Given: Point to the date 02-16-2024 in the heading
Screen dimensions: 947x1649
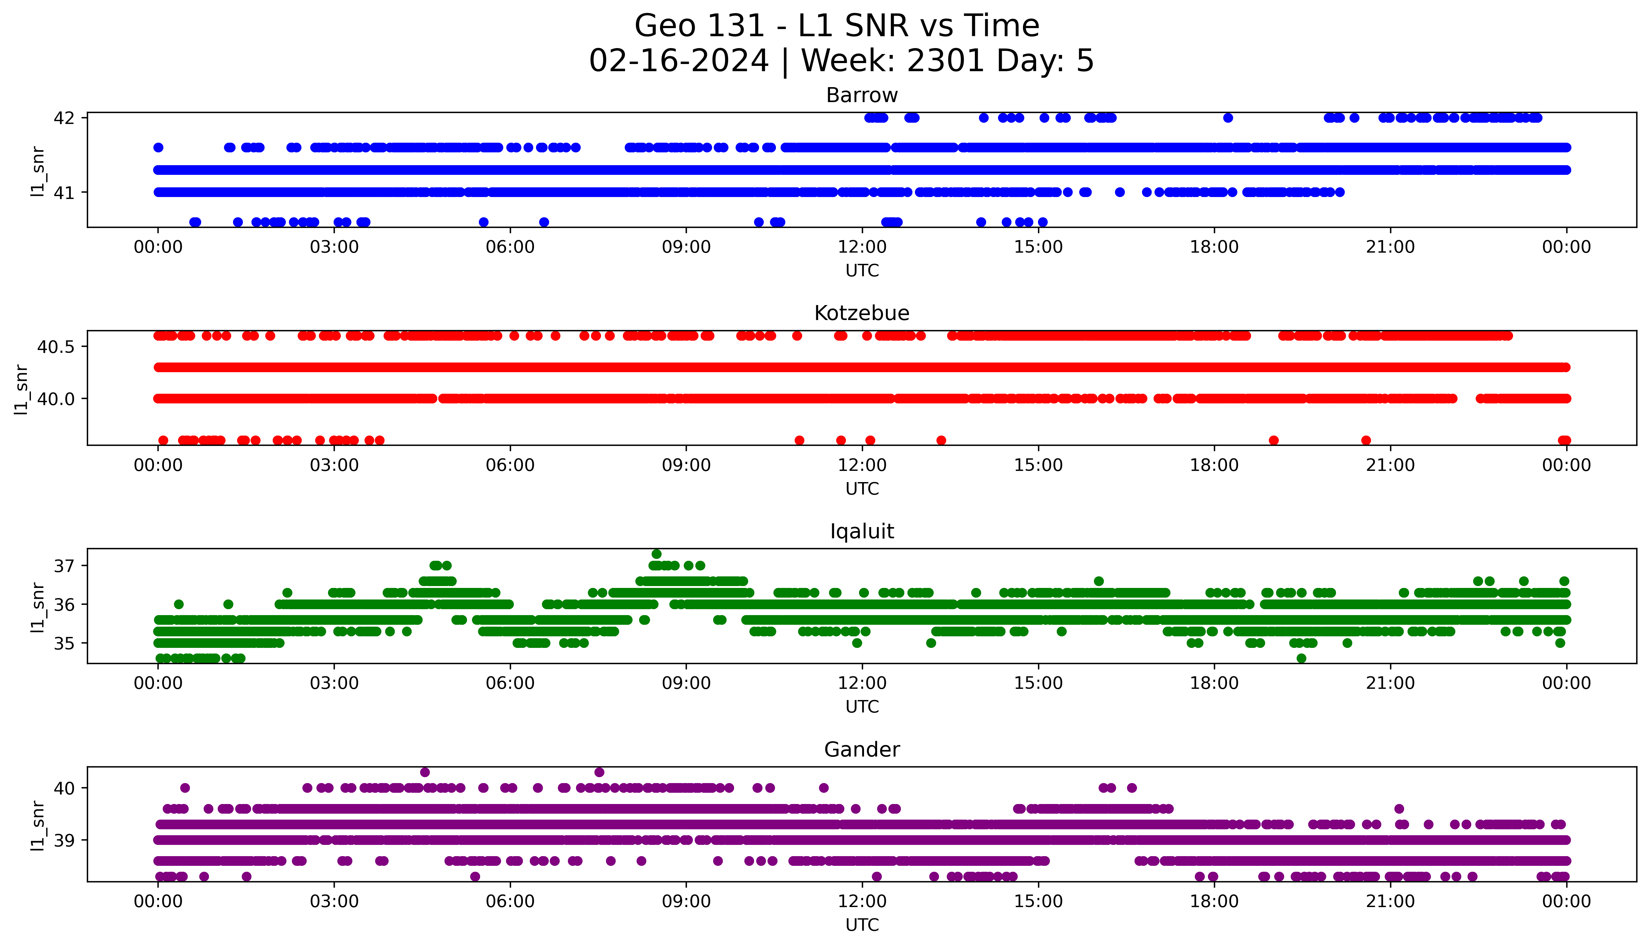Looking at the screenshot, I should (678, 61).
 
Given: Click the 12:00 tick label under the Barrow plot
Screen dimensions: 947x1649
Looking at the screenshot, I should (862, 247).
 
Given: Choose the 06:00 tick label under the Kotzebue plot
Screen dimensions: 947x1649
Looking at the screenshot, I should (510, 466).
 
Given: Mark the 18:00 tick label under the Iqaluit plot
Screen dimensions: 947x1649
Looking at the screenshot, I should (1214, 683).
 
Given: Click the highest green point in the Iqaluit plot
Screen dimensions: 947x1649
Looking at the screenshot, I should (656, 554).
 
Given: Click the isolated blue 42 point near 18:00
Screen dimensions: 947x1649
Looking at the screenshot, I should (1228, 118).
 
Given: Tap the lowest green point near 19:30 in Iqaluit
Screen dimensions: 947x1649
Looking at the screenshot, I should (1301, 658).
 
